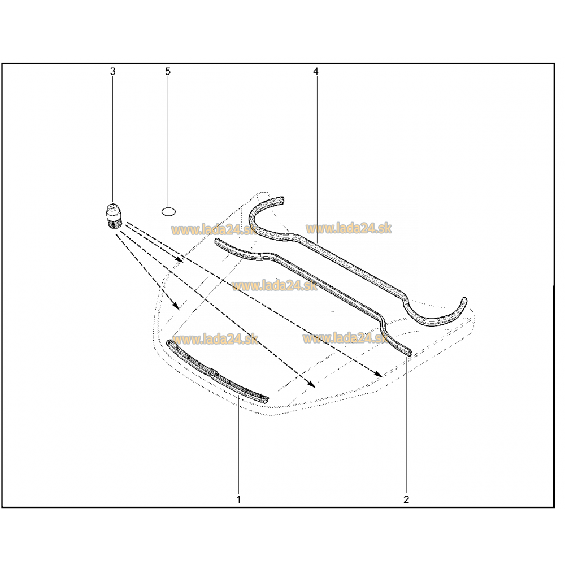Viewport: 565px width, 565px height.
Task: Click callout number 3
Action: pos(113,71)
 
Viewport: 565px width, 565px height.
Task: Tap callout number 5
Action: pos(168,71)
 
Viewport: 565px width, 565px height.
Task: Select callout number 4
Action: pos(316,71)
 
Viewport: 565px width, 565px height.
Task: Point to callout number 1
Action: pos(238,499)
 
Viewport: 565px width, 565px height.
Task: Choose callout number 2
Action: pos(406,499)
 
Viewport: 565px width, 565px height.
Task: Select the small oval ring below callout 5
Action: pos(168,211)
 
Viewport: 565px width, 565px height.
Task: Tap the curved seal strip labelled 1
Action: pos(216,371)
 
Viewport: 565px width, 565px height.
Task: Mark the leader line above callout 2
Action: pos(407,425)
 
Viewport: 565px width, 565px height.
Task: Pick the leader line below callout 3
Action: pos(113,140)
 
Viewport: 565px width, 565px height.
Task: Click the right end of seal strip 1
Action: pos(265,398)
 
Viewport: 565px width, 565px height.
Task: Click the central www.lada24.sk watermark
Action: pos(275,286)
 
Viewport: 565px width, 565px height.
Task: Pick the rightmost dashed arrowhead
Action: pos(379,373)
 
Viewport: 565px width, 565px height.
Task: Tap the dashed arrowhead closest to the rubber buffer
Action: pos(180,259)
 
